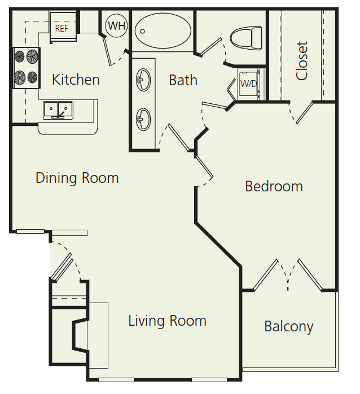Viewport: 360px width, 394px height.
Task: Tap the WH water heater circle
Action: (117, 25)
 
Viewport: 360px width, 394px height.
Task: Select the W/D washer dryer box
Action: (248, 84)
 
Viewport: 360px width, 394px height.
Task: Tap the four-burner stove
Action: (27, 67)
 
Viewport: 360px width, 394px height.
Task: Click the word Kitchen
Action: (76, 80)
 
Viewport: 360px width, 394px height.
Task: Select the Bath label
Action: (183, 80)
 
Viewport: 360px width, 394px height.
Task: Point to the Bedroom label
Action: (274, 186)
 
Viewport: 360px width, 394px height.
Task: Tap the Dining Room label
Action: (77, 178)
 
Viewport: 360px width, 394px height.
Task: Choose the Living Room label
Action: (167, 321)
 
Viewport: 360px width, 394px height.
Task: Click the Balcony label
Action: (288, 326)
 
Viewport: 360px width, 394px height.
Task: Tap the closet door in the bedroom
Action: (304, 113)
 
